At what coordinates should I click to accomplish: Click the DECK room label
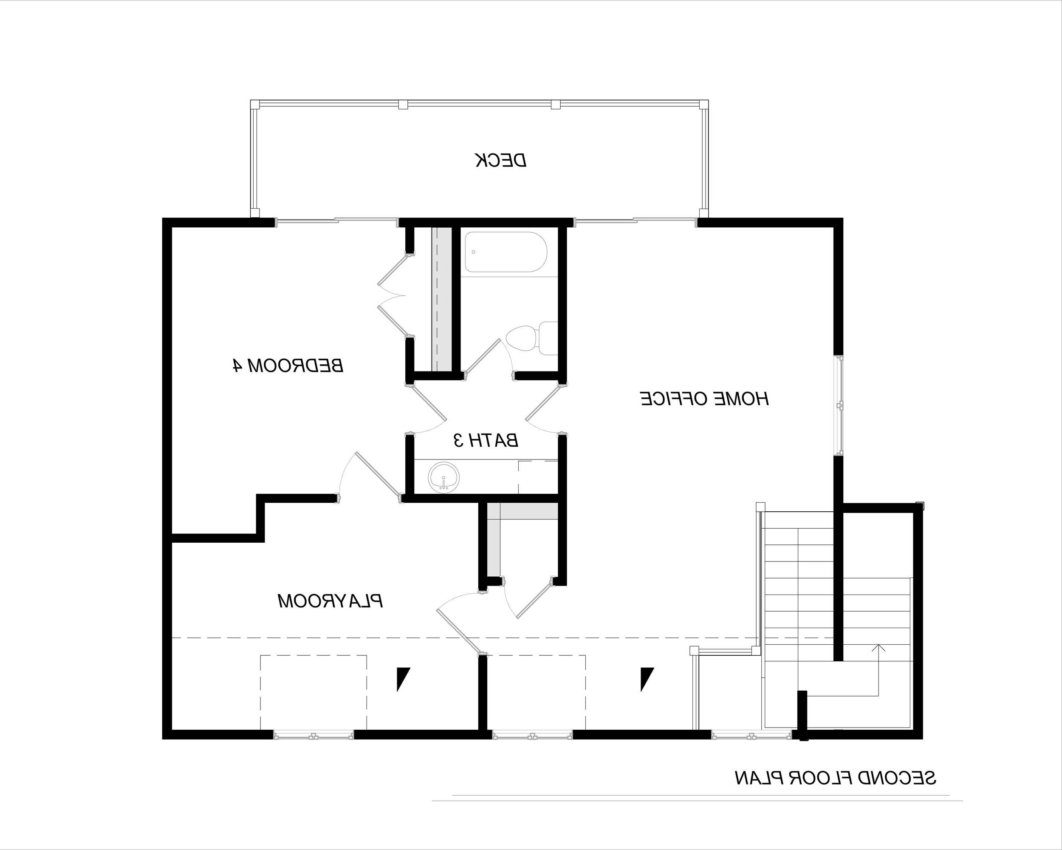(501, 160)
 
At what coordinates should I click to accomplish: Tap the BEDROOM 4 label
(287, 365)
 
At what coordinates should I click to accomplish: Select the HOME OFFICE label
(704, 399)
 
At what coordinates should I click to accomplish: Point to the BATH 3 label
(485, 440)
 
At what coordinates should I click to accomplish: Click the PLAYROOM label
(330, 601)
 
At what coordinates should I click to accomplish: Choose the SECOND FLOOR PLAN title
(836, 778)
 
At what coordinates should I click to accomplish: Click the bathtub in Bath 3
(506, 252)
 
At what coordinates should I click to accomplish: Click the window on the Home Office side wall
(839, 405)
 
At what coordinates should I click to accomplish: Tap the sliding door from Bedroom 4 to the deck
(336, 222)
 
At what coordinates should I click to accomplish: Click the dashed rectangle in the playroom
(313, 692)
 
